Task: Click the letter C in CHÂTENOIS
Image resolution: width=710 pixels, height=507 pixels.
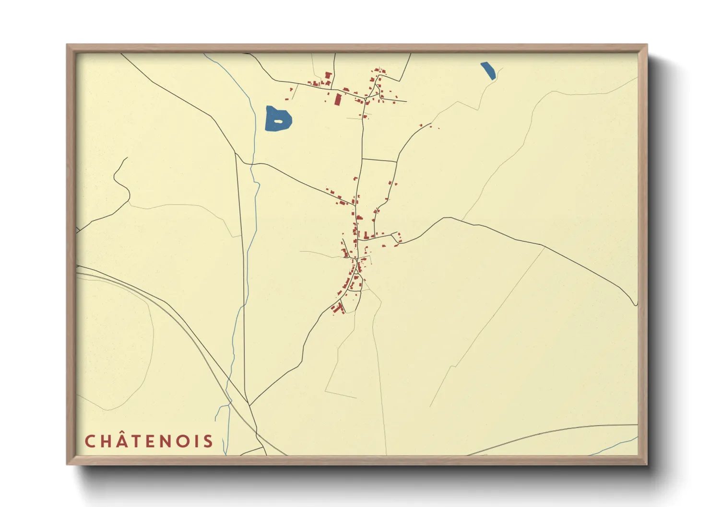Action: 90,442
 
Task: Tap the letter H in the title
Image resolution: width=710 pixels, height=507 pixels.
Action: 107,442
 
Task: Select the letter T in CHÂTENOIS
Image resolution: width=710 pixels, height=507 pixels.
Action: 140,442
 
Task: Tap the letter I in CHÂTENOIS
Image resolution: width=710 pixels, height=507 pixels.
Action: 201,442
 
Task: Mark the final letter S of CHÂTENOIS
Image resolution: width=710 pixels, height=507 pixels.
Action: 209,442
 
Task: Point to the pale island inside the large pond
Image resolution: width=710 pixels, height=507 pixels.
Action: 278,121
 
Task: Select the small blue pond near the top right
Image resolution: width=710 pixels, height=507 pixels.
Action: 488,70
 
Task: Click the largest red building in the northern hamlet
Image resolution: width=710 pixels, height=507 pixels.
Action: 338,100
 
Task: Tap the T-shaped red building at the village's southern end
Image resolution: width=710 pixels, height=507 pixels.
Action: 340,308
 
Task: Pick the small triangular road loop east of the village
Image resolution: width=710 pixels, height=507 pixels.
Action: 396,236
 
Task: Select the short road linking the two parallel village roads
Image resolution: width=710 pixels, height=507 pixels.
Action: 379,160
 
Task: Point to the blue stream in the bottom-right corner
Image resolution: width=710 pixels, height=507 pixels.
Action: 619,445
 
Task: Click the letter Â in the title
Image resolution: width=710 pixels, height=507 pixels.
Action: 124,441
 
